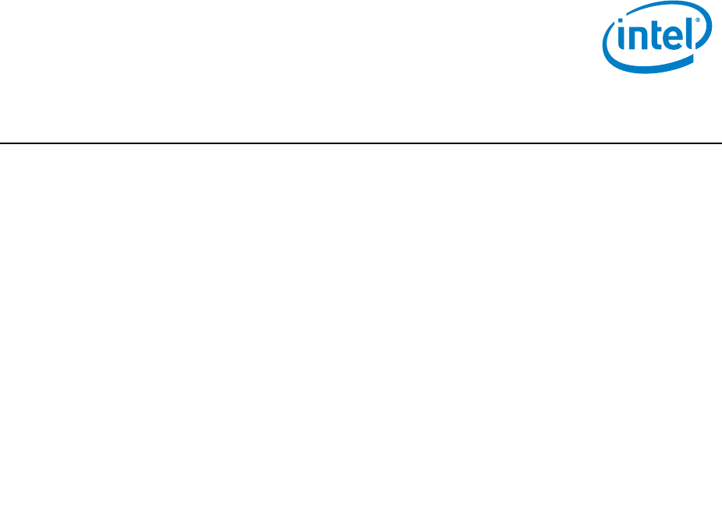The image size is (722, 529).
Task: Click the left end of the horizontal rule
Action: tap(2, 143)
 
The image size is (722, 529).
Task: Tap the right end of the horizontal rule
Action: tap(720, 143)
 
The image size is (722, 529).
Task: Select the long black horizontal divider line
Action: tap(361, 143)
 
